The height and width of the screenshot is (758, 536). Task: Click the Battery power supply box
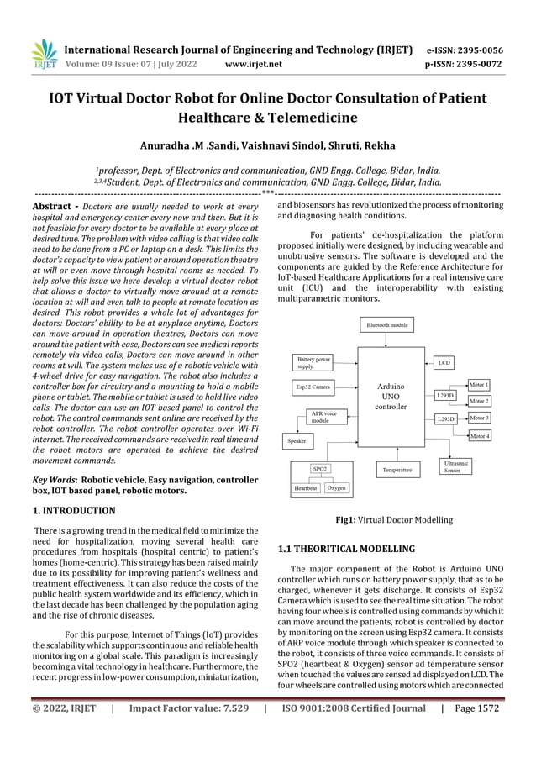312,362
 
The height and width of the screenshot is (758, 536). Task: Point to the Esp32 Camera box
313,387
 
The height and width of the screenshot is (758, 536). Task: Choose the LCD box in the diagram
444,363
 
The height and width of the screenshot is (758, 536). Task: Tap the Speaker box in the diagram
297,440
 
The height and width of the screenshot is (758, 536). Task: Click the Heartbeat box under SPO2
305,487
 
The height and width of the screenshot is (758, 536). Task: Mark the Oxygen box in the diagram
336,487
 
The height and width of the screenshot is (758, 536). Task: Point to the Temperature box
397,471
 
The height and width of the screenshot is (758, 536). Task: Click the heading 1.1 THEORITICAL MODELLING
346,549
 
